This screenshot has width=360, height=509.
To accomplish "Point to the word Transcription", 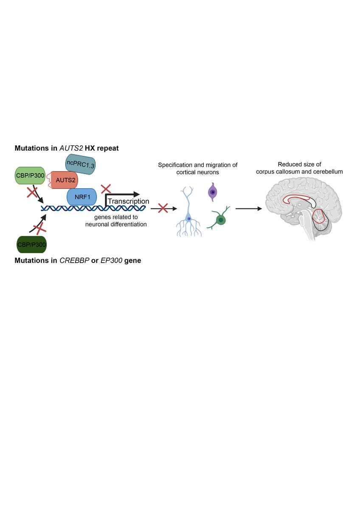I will tap(128, 201).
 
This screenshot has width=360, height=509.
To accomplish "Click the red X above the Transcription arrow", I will tap(106, 188).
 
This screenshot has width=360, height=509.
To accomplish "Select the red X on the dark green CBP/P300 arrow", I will tap(40, 229).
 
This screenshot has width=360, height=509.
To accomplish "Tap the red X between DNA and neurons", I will tap(162, 208).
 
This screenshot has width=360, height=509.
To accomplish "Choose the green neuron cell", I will tap(219, 219).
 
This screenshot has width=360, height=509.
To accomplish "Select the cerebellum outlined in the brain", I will tap(322, 222).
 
